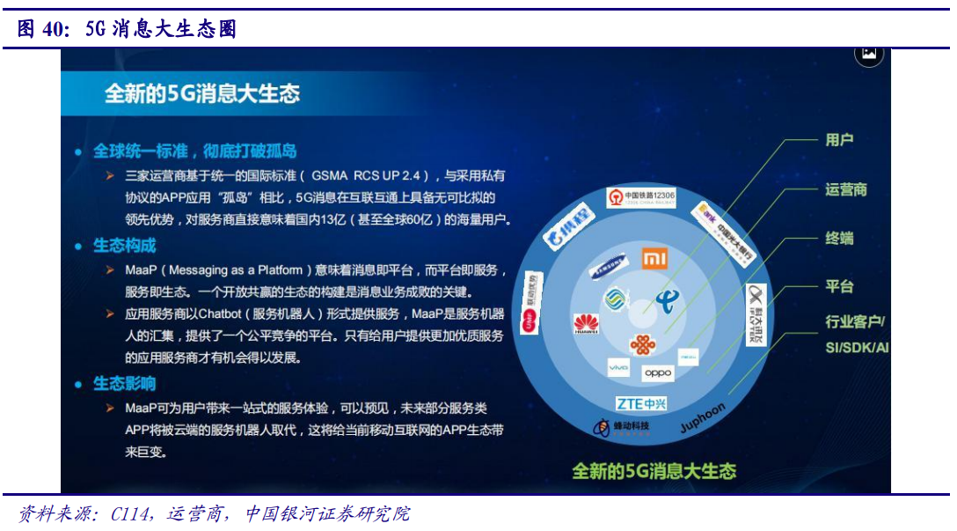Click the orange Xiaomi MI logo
tap(654, 259)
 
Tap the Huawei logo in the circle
tap(586, 324)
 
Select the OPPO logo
tap(658, 372)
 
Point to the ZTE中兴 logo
tap(641, 403)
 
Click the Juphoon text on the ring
tap(703, 417)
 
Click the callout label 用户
tap(839, 140)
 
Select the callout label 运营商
tap(846, 189)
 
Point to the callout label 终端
tap(839, 239)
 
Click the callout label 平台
tap(839, 286)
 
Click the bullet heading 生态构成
tap(125, 246)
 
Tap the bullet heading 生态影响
tap(125, 384)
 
